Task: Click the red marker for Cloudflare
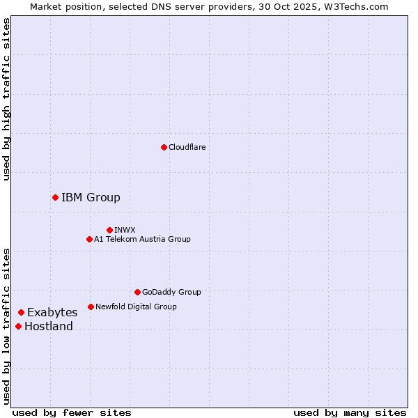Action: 164,147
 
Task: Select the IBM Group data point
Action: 55,197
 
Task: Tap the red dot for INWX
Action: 109,230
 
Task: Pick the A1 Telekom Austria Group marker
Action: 89,239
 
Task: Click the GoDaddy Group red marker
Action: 137,292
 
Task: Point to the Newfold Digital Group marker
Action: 91,307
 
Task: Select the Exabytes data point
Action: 21,312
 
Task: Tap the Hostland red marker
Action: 18,326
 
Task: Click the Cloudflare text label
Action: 187,147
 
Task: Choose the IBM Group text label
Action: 91,197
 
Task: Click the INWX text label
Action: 125,230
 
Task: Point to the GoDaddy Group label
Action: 171,292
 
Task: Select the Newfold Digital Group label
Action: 136,307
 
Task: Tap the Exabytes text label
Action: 52,312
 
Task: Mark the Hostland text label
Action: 49,326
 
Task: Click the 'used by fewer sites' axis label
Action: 72,412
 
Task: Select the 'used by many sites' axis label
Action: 350,412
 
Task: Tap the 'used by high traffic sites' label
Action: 6,99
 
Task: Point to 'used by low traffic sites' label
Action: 6,326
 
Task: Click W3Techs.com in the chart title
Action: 354,6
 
